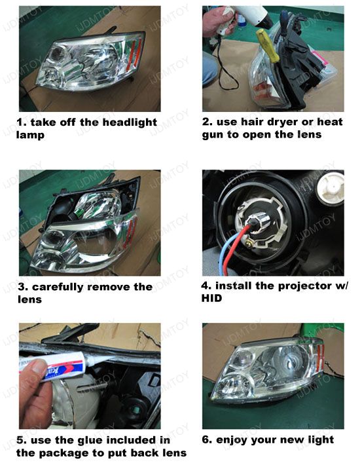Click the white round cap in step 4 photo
pos(331,187)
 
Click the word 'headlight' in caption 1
pos(130,122)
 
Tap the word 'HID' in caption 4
pos(211,298)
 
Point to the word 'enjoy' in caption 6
pos(232,440)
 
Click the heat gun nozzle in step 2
pos(266,20)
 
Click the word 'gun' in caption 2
pos(213,135)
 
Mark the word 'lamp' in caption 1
pos(30,135)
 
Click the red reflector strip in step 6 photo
pos(321,355)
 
